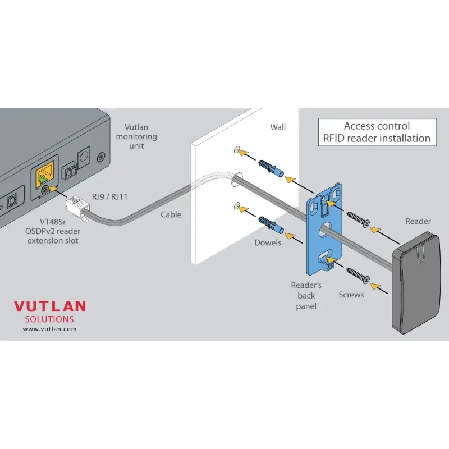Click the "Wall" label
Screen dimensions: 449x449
278,127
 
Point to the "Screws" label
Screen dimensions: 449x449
351,295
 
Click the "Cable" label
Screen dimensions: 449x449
171,214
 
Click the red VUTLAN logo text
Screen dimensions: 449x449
50,306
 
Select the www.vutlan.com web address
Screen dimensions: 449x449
49,329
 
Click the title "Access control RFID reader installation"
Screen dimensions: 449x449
377,132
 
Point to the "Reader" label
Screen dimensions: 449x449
418,221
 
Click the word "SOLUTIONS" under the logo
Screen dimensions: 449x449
49,319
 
